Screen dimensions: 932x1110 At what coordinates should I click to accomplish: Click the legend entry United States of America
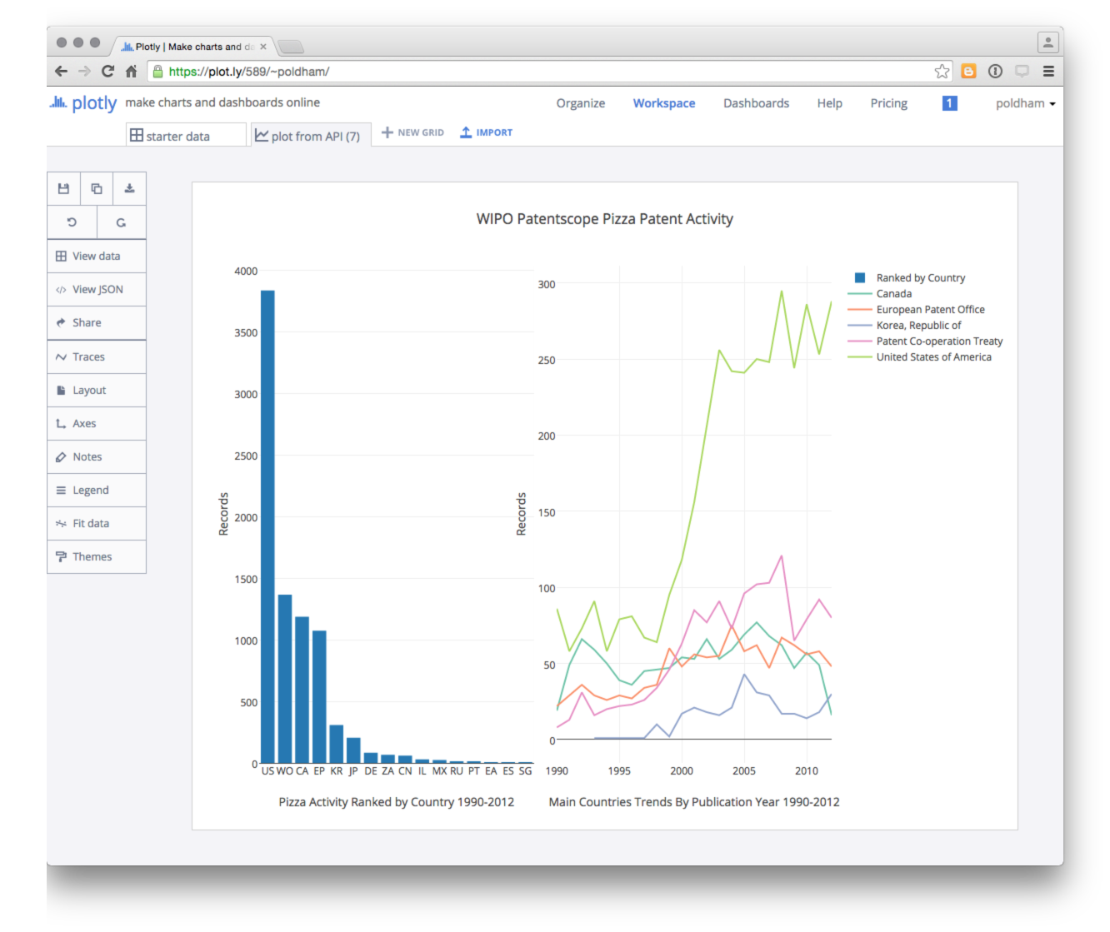(933, 357)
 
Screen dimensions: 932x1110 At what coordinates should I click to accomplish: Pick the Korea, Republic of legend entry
(918, 326)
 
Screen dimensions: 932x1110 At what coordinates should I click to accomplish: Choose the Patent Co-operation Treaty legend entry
(939, 341)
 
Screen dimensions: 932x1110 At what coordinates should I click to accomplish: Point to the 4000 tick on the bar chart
(246, 271)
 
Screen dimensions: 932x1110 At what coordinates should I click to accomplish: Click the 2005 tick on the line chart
(744, 771)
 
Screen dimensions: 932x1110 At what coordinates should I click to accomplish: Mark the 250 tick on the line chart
(547, 360)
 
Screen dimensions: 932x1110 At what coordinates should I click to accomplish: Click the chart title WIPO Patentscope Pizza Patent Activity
(604, 219)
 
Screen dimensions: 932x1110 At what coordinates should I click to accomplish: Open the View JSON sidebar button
(97, 290)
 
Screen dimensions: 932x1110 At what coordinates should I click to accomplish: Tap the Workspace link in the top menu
(664, 103)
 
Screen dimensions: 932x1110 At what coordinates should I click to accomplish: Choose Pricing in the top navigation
(888, 103)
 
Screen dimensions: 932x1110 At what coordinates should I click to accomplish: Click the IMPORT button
(487, 132)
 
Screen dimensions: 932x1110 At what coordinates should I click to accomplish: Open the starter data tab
(177, 137)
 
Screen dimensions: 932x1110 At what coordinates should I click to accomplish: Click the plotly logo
(83, 103)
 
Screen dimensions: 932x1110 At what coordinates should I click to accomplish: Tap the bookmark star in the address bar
(942, 72)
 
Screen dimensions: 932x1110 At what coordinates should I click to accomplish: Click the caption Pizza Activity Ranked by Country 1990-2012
(396, 802)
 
